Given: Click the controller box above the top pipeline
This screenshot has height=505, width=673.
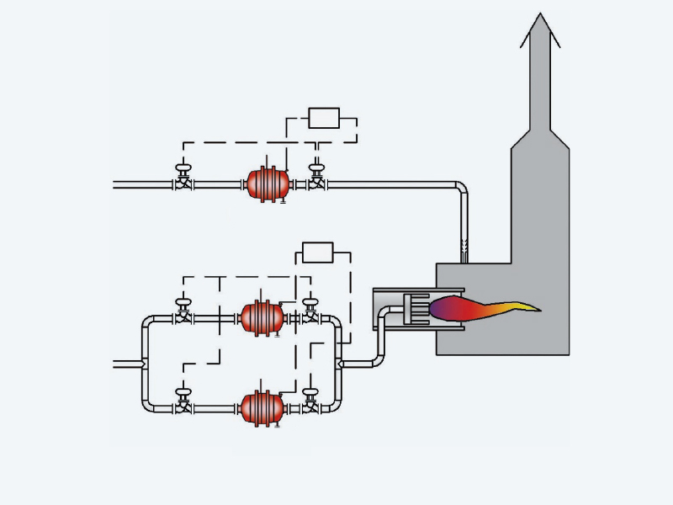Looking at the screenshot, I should tap(323, 118).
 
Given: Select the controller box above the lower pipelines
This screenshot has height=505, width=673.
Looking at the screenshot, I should tap(317, 252).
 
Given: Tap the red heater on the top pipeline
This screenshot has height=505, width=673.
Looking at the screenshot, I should tap(267, 183).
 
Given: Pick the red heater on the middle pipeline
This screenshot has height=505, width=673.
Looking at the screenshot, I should tap(262, 317).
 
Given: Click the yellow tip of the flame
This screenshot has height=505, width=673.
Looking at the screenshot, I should tap(530, 307).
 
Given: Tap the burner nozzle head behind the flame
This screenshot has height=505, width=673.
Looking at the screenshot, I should tap(416, 309).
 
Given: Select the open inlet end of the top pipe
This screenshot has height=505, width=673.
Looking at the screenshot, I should tap(115, 183).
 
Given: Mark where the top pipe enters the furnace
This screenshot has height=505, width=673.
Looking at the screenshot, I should tap(464, 257).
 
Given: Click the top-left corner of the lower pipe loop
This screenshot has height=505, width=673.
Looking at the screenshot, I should tap(148, 322).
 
